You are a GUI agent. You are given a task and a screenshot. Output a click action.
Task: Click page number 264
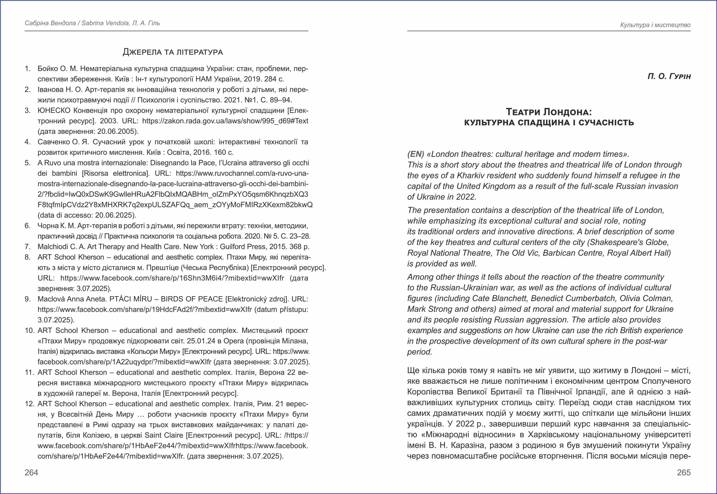(x=31, y=472)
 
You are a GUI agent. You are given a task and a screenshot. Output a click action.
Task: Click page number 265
(x=684, y=472)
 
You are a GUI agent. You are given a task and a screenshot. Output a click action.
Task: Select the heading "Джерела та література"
(x=173, y=52)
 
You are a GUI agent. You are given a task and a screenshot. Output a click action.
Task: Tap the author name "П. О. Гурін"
(x=669, y=76)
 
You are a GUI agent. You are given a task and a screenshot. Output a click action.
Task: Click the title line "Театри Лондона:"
(x=549, y=112)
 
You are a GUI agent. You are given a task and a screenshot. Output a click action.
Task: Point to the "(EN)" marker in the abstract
(x=416, y=154)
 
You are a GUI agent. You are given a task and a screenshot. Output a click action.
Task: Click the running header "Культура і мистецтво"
(x=655, y=25)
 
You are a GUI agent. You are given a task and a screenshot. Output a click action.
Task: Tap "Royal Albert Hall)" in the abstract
(x=639, y=253)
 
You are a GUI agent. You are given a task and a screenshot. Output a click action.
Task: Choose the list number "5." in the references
(x=28, y=163)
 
